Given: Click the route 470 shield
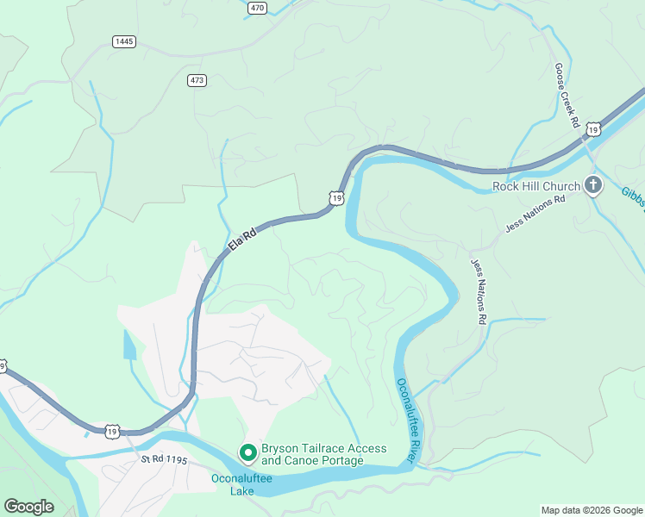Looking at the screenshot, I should click(257, 7).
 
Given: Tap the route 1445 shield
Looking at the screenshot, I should click(124, 41).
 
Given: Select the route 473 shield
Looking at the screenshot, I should click(197, 80).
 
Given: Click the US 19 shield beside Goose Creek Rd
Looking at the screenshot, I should click(592, 129).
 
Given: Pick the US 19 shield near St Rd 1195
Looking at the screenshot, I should click(113, 431).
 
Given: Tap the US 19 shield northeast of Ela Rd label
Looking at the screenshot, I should click(336, 198).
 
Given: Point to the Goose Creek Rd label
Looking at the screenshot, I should click(567, 96).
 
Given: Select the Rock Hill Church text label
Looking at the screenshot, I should click(536, 186).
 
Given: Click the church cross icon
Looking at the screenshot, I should click(593, 184).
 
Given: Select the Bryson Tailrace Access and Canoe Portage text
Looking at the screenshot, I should click(323, 455).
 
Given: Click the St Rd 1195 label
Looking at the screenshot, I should click(166, 460).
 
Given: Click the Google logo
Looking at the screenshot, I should click(28, 507).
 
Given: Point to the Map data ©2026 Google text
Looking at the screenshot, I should click(592, 510).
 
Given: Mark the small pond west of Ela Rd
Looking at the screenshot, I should click(129, 345).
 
